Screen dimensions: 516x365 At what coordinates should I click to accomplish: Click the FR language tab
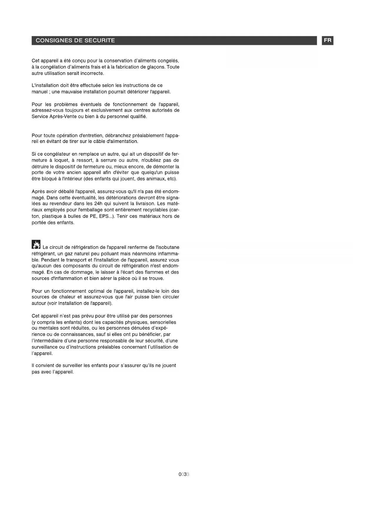pyautogui.click(x=328, y=41)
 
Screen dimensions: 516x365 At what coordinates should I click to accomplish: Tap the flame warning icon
pyautogui.click(x=36, y=244)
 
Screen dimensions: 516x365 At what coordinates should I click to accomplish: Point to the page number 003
pyautogui.click(x=184, y=474)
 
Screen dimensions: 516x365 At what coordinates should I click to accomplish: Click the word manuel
pyautogui.click(x=40, y=92)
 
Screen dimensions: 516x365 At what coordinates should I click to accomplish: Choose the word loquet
pyautogui.click(x=61, y=160)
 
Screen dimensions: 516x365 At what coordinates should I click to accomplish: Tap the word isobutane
pyautogui.click(x=168, y=247)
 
